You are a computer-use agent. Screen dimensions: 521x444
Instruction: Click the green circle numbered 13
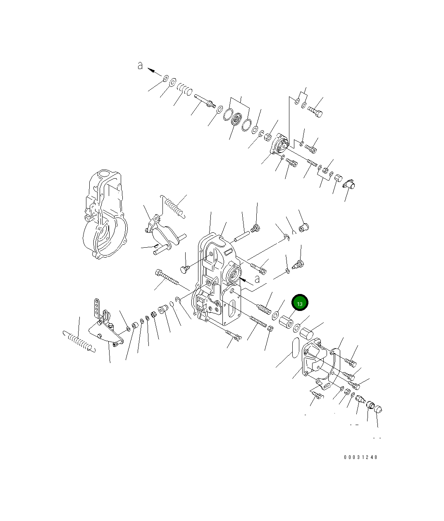[300, 303]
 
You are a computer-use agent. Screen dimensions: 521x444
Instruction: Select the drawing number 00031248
[360, 457]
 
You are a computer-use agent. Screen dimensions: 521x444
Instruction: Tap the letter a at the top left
[140, 65]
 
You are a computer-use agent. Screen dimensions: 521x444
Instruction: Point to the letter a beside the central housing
[257, 279]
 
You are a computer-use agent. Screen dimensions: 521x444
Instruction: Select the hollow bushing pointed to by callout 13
[285, 323]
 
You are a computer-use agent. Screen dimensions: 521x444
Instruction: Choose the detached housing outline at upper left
[103, 215]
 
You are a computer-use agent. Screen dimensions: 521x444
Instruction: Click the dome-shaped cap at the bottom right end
[378, 409]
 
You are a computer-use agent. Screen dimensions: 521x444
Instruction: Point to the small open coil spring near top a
[184, 89]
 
